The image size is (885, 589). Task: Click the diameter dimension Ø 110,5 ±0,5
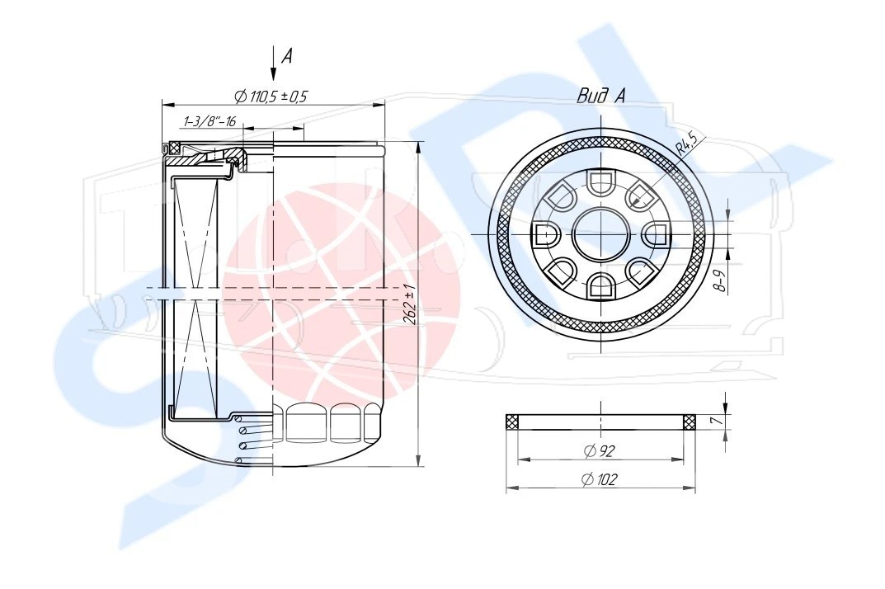click(271, 97)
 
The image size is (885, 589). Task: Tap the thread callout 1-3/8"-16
click(209, 121)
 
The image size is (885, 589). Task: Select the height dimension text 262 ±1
click(410, 305)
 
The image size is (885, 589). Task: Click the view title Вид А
click(600, 96)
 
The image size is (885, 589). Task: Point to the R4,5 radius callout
click(687, 143)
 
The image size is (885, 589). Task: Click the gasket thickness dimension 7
click(714, 422)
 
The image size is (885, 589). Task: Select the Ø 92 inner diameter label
click(600, 450)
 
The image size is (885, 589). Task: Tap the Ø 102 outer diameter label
click(600, 479)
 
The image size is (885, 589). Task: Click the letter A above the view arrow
click(287, 56)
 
